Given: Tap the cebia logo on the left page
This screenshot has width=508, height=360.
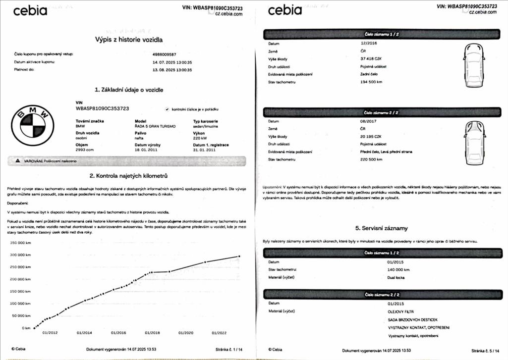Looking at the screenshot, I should point(30,11).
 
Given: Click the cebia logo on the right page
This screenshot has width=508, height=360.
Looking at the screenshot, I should point(284,10).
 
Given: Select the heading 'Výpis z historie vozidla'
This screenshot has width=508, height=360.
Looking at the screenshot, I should point(129,40).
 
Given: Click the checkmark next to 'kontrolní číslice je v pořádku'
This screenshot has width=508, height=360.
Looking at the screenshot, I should point(167,108).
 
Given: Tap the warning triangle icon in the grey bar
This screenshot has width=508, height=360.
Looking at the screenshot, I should point(18,161).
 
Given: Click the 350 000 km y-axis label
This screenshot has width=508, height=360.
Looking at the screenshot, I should point(20,243).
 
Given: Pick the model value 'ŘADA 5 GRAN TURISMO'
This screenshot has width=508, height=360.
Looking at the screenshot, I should point(155,126).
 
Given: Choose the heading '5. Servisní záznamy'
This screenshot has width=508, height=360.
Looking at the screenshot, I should point(382,228).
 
